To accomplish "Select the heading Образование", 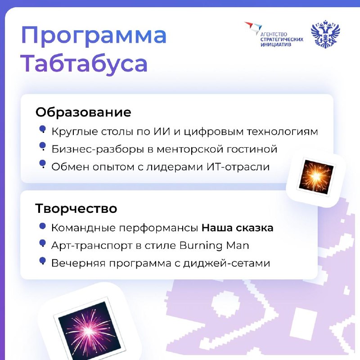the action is (83, 112).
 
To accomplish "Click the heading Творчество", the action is (76, 208).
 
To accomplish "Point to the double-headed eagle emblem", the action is (325, 34).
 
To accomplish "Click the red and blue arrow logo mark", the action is (253, 27).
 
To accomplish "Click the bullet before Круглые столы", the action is (42, 129).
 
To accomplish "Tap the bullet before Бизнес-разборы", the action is (42, 146).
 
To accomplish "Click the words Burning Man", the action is (214, 246).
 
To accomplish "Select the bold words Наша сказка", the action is (238, 228).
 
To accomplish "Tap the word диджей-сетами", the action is (226, 263).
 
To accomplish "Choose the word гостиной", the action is (252, 149).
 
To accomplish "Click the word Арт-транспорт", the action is (92, 246).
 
